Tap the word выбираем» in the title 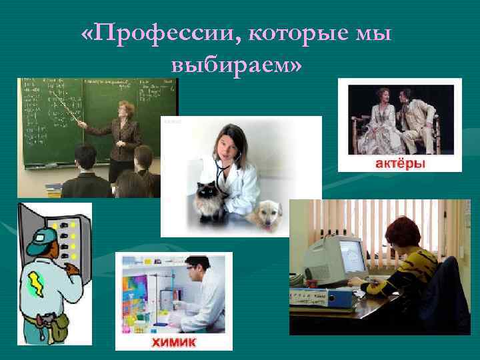pos(237,65)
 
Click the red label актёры pos(399,163)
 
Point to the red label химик pos(174,342)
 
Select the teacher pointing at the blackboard pos(123,133)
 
